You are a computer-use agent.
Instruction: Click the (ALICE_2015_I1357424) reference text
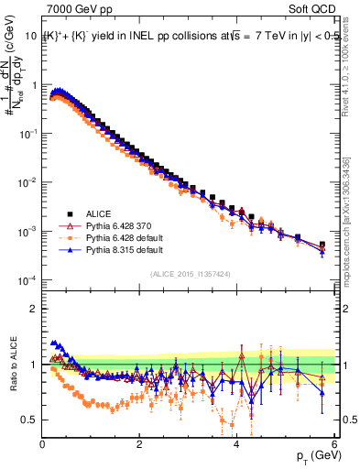190,273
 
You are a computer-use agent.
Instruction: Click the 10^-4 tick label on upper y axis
28,278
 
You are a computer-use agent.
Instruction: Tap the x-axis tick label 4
237,444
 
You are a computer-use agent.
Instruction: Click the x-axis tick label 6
334,444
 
